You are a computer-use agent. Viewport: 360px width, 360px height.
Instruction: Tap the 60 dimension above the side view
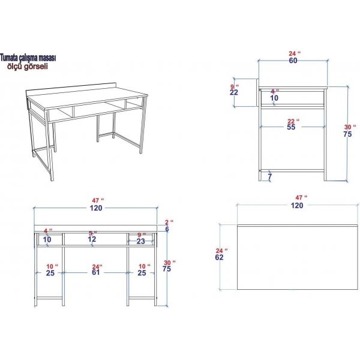click(x=293, y=61)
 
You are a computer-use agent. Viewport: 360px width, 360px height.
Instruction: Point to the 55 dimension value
click(x=292, y=128)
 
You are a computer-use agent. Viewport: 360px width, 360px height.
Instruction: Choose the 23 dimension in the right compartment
click(x=140, y=241)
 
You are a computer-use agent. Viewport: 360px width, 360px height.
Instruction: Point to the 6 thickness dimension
click(x=167, y=229)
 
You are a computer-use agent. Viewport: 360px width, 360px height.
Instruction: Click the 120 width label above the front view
click(x=97, y=208)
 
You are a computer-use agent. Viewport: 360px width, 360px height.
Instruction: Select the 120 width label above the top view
click(x=296, y=205)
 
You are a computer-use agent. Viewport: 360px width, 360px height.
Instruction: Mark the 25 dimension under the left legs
click(x=50, y=273)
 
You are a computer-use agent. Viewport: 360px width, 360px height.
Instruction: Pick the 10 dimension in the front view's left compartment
click(x=48, y=239)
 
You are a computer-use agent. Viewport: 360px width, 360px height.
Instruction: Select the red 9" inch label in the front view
click(x=141, y=235)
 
